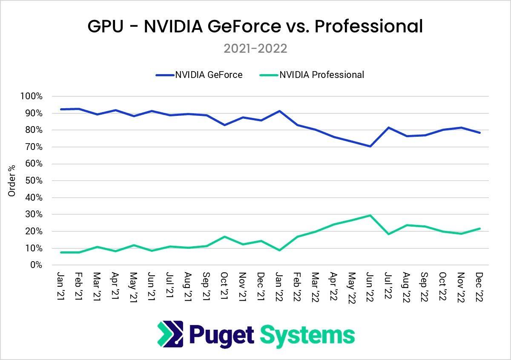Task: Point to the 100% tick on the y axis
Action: coord(31,96)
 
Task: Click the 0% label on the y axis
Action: coord(36,265)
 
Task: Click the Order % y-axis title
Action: coord(12,181)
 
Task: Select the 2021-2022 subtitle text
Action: coord(255,49)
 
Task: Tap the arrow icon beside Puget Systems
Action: coord(170,334)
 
